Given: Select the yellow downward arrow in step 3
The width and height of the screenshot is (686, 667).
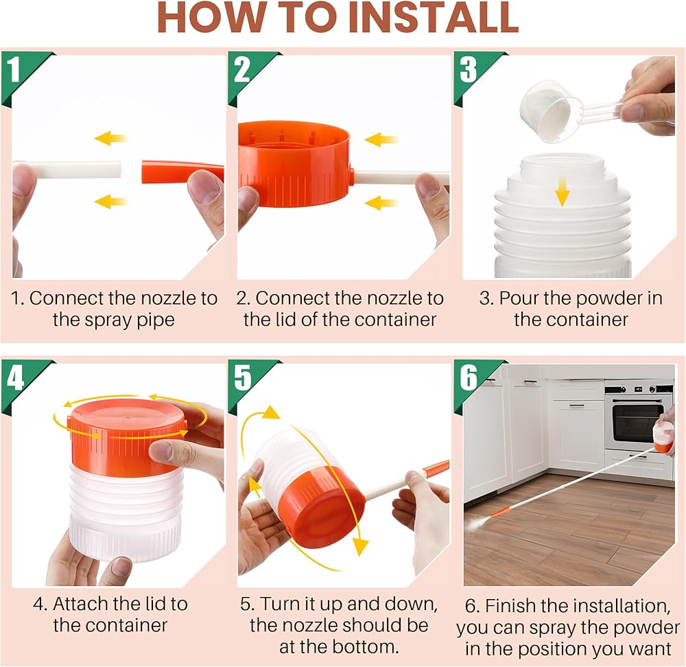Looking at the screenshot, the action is (x=563, y=191).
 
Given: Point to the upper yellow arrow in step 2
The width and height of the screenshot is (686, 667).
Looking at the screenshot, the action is (x=381, y=140).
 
